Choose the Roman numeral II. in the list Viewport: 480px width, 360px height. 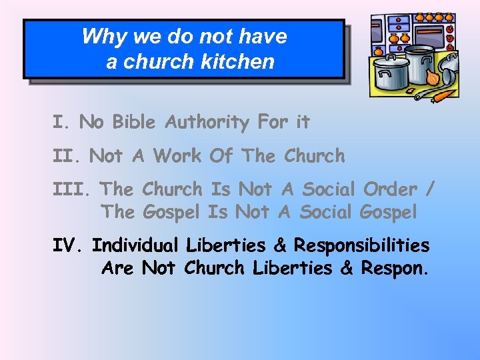tap(68, 156)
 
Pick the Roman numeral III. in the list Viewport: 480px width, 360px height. tap(73, 189)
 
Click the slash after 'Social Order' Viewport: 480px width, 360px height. tap(430, 190)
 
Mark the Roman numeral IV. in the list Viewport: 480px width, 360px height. tap(69, 246)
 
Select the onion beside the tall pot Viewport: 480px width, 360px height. tap(433, 77)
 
